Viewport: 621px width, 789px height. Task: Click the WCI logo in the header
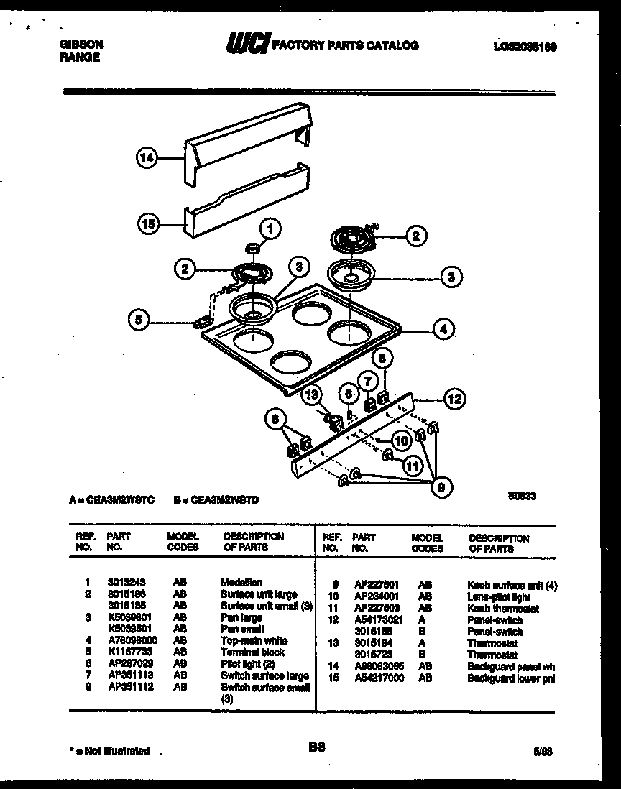[x=247, y=45]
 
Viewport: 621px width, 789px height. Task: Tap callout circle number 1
[x=270, y=230]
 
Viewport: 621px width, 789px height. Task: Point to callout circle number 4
[x=443, y=329]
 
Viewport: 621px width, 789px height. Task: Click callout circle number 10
[x=400, y=440]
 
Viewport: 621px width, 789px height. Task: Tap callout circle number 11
[x=411, y=466]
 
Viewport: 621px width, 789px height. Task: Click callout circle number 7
[x=367, y=381]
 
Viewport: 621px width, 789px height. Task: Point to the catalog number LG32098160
[x=525, y=45]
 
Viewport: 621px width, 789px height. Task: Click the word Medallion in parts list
[x=241, y=582]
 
